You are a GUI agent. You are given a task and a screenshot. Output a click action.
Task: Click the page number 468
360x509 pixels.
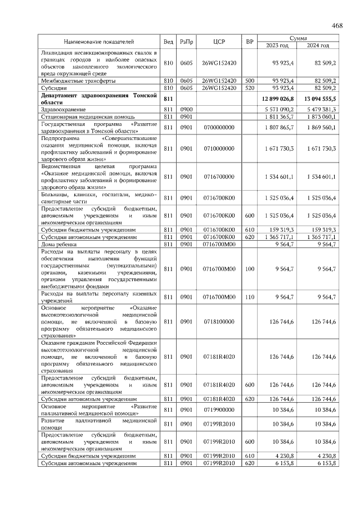coord(337,26)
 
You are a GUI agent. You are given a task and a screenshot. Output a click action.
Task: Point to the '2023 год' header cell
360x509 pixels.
coord(277,45)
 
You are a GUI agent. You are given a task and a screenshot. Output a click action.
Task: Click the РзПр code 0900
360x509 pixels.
coord(186,109)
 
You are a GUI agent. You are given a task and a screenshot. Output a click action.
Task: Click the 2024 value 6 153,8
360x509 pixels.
coord(325,463)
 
